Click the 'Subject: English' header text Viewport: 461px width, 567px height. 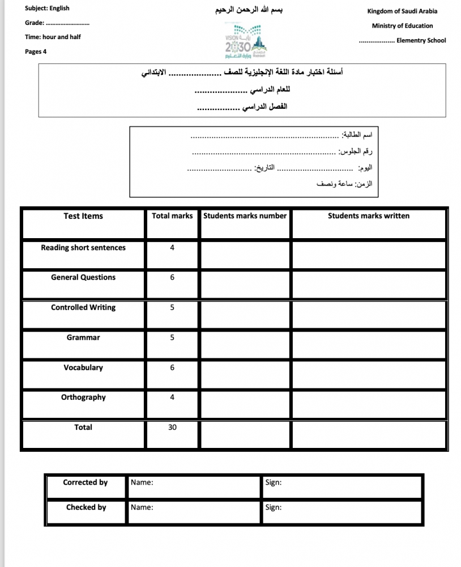[x=47, y=9]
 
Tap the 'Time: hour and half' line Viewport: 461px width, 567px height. [x=53, y=37]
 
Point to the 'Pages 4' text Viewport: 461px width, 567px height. [x=36, y=52]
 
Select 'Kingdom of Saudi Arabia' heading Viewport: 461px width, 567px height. [x=402, y=11]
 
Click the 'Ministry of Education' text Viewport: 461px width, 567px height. [x=402, y=26]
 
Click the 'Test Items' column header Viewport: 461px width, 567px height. [x=83, y=216]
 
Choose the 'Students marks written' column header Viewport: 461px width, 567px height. [x=369, y=216]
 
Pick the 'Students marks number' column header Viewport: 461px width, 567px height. [x=245, y=216]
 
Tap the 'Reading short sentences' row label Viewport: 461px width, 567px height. [x=83, y=248]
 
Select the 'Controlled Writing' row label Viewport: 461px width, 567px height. [x=83, y=307]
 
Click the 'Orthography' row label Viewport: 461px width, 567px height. [x=83, y=397]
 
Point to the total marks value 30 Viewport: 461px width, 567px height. [x=172, y=428]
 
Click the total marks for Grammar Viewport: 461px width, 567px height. [x=172, y=338]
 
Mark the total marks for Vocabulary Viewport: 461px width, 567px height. [x=172, y=368]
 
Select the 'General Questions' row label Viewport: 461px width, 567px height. [x=83, y=277]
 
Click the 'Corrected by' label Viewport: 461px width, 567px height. [x=86, y=483]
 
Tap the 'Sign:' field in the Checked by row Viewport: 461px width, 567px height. [x=274, y=507]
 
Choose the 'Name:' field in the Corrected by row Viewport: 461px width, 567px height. [x=142, y=483]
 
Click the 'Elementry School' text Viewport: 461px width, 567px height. [x=421, y=40]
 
